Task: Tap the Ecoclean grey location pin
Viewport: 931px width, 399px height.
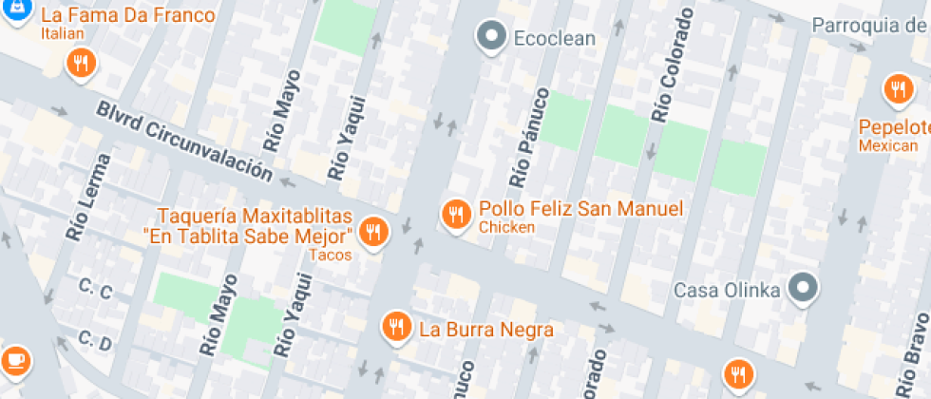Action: [491, 38]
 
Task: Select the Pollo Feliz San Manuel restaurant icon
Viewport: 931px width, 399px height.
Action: [457, 214]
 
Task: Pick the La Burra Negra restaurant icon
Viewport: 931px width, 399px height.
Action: [396, 328]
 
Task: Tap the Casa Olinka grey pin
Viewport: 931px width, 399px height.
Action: [804, 287]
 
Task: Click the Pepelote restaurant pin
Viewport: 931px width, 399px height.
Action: [897, 90]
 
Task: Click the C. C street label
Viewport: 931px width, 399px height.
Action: [95, 290]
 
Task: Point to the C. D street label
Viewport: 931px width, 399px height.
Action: [95, 338]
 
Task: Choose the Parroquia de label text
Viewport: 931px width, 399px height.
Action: [869, 24]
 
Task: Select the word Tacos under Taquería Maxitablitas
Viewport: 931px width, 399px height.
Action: [330, 255]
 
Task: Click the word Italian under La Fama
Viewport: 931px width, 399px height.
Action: [63, 34]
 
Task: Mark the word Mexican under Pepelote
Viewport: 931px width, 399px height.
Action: [888, 145]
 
